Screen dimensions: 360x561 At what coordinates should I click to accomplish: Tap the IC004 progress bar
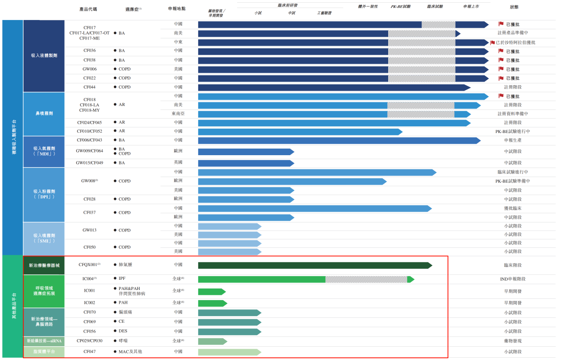[306, 279]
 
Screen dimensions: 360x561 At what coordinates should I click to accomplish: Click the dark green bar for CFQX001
[315, 265]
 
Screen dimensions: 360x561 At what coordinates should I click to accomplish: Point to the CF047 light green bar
[229, 352]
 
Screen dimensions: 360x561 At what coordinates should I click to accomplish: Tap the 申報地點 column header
[177, 8]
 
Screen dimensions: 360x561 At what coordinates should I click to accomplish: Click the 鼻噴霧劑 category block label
[44, 113]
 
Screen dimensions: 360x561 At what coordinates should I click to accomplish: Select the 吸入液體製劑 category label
[44, 56]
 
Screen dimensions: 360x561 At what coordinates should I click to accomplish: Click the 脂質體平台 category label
[44, 352]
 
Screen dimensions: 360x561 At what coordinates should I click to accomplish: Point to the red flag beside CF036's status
[501, 51]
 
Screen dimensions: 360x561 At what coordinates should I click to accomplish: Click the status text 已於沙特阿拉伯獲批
[515, 43]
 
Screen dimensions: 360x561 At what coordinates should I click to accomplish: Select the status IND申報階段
[512, 279]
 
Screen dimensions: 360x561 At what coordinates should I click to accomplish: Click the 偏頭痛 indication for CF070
[126, 312]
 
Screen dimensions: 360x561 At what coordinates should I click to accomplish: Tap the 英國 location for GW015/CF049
[178, 163]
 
